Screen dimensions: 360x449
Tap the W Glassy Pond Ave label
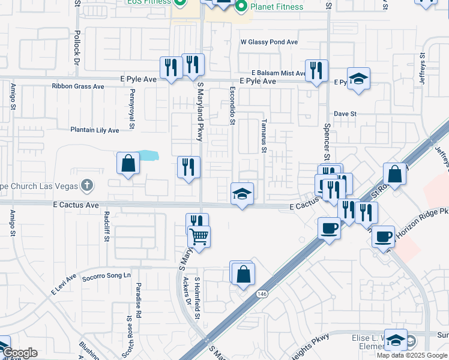[269, 43]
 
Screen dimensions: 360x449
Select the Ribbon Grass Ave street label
[78, 86]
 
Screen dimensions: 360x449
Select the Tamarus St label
[263, 135]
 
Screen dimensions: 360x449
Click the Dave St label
[345, 113]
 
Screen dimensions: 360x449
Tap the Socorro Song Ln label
[106, 275]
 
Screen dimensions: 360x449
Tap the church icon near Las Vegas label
[88, 185]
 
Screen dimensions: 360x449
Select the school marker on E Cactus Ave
[243, 194]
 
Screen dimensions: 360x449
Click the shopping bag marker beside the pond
[128, 163]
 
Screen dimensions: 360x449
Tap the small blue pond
[148, 157]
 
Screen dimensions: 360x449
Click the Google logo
[20, 353]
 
